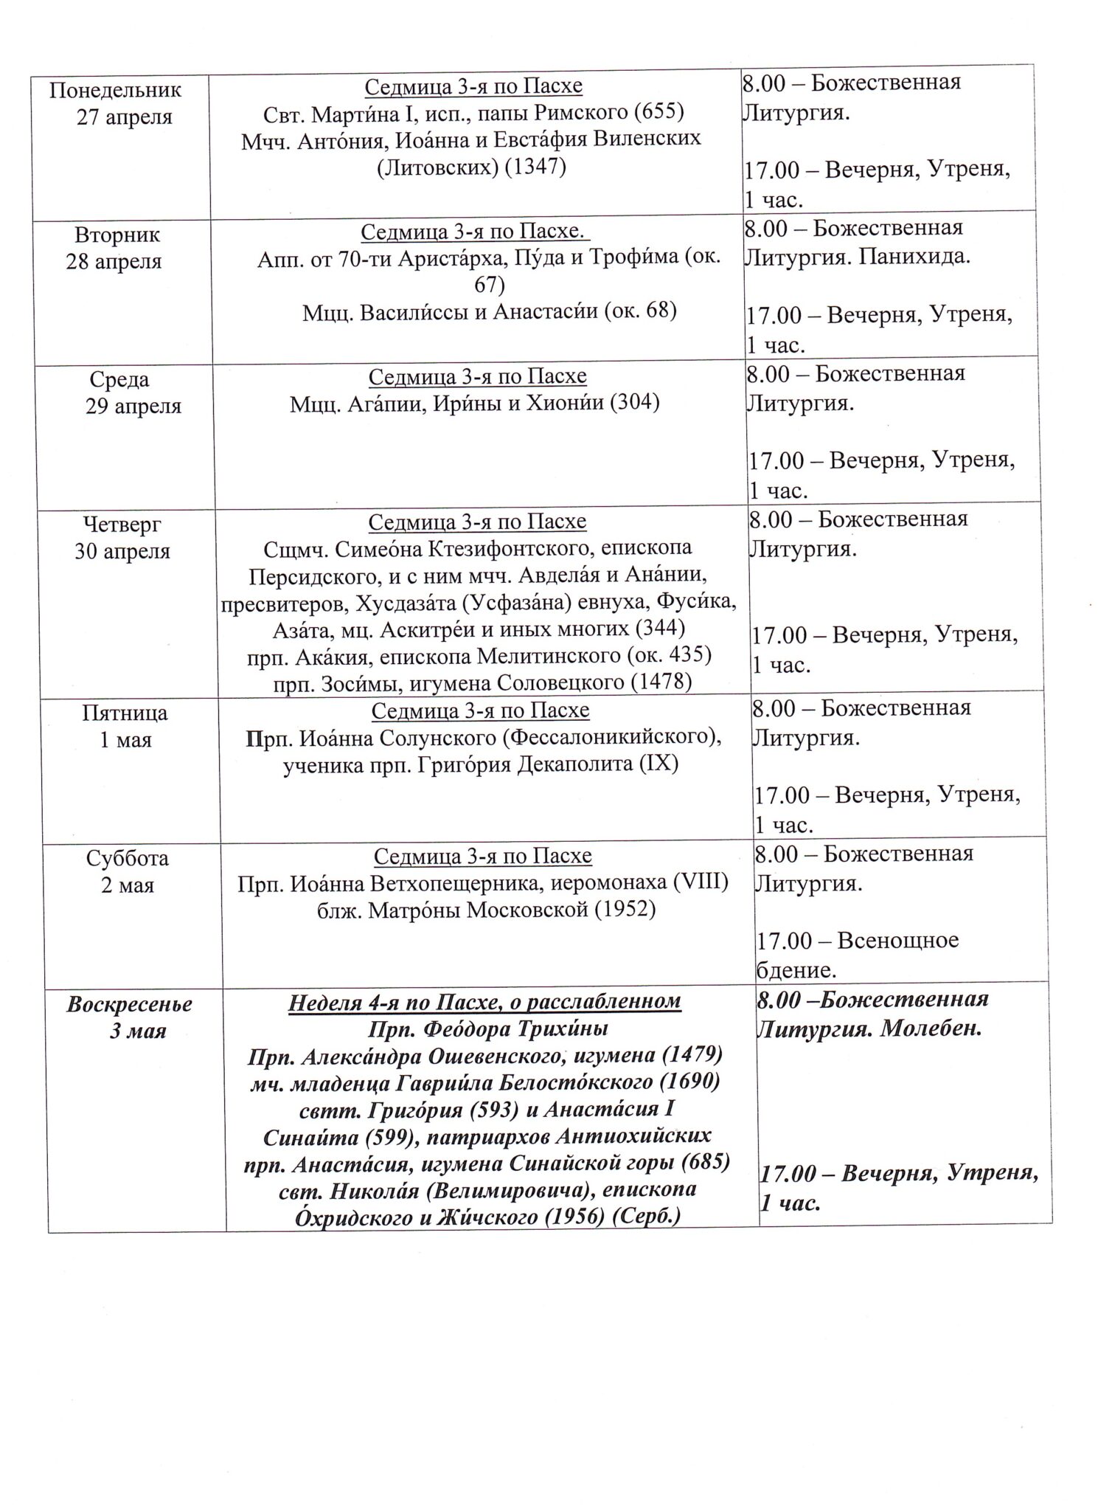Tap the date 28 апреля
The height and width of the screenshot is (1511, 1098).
(x=114, y=262)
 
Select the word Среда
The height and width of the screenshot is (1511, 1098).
(x=119, y=380)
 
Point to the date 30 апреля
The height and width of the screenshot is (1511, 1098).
(x=122, y=551)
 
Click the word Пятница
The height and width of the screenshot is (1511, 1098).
(x=125, y=713)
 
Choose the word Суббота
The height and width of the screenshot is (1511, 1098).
(x=127, y=859)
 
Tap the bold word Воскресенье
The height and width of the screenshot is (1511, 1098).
(x=129, y=1005)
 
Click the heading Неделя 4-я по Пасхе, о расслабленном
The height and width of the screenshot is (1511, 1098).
(x=484, y=1002)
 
